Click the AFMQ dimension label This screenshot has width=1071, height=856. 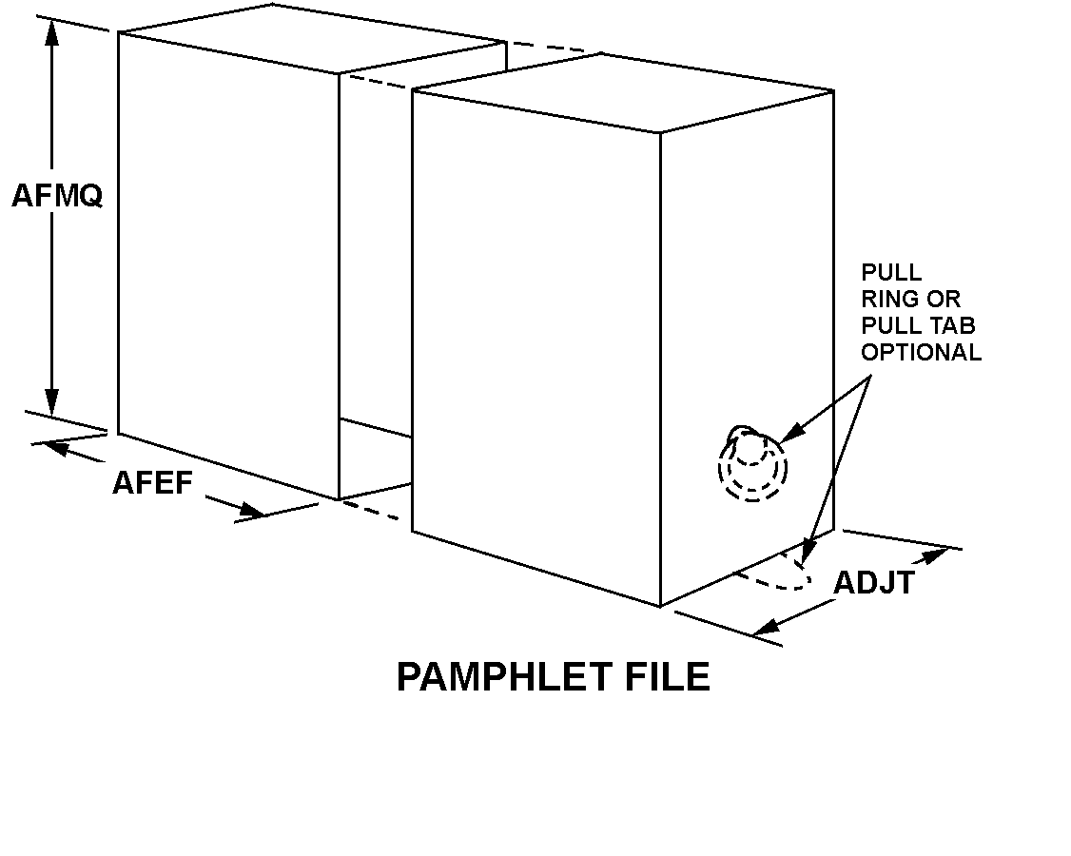56,196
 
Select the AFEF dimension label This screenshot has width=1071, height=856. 152,483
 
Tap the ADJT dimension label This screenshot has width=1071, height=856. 873,583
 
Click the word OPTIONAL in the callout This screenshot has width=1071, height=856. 921,352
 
